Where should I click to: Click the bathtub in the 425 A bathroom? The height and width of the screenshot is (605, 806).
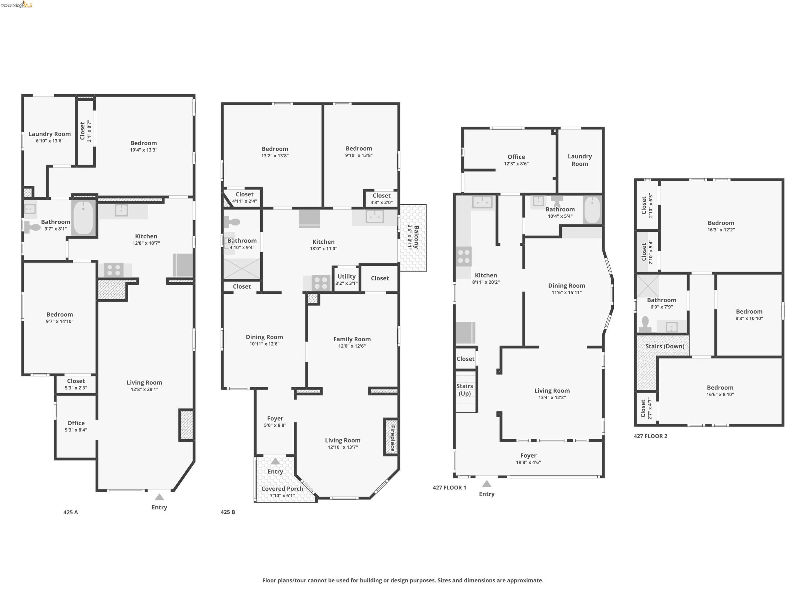83,218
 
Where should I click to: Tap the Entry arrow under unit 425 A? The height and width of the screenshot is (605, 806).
159,497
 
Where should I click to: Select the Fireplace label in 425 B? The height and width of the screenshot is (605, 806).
392,438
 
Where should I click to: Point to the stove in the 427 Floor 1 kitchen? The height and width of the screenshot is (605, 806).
463,256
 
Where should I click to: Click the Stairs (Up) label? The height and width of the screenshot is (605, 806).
465,390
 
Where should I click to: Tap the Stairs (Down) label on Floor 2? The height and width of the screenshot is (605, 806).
665,346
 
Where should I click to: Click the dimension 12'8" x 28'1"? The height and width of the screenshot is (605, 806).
144,389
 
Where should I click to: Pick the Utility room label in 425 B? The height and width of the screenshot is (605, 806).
346,276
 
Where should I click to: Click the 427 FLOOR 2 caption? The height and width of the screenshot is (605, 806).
650,436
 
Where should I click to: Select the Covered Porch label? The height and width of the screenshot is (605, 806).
282,489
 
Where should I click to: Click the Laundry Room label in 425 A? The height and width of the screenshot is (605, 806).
50,134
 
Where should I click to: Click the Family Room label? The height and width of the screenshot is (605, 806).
352,339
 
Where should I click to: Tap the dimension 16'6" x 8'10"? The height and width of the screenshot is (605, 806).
720,394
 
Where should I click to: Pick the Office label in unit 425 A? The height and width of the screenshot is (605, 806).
76,423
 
